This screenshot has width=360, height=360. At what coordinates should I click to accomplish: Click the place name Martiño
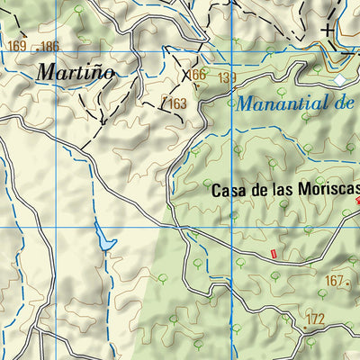76,72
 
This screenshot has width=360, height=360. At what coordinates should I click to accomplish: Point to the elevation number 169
16,46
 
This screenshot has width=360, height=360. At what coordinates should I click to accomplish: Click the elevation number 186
49,46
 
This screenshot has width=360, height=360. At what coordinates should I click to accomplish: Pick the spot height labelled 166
197,75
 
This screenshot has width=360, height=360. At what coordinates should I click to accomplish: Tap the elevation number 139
226,78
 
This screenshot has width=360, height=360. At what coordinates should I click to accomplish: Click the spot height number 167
334,282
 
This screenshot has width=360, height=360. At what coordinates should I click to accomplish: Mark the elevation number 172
314,319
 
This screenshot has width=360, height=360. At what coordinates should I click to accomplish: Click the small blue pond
105,241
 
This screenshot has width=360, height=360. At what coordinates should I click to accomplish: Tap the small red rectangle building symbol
274,255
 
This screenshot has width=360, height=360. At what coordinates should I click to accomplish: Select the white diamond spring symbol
340,81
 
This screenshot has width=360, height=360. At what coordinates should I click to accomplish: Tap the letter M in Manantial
245,103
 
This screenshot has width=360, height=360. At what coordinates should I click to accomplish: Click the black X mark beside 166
186,75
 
